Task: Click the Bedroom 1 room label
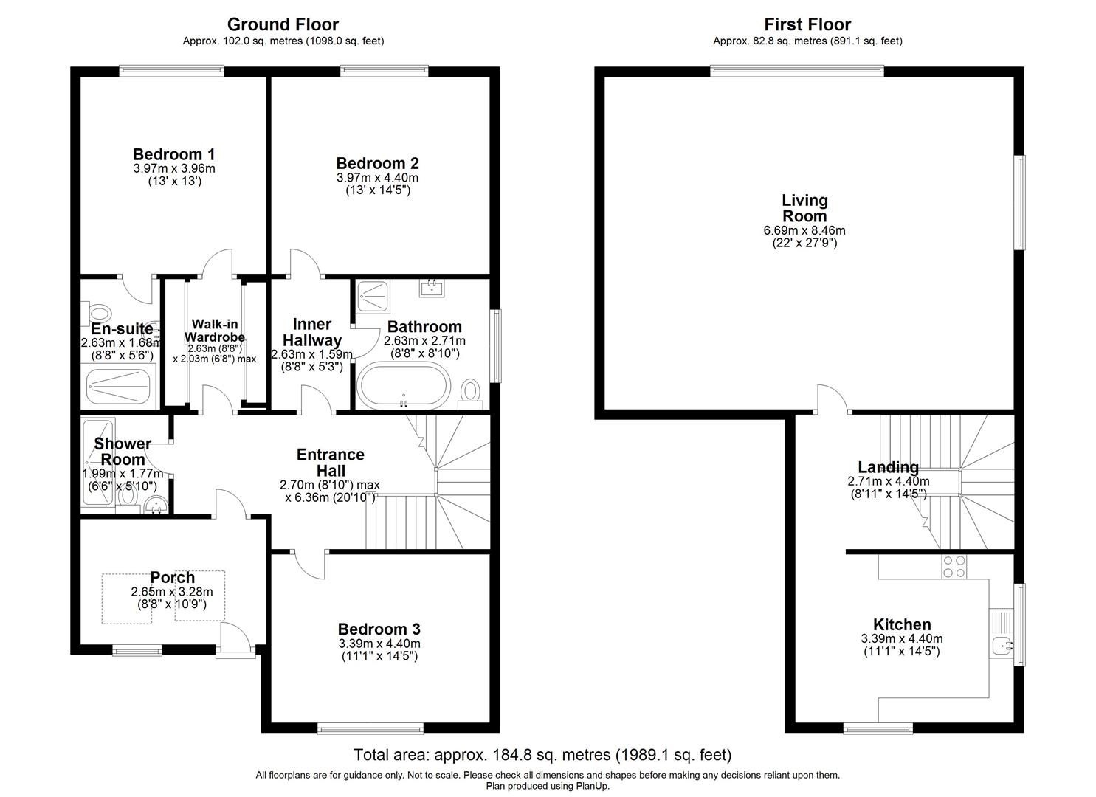pos(173,154)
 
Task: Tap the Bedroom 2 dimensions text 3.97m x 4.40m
pos(377,178)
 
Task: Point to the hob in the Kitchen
pos(954,566)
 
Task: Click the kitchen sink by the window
pos(1002,646)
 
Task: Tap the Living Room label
pos(804,208)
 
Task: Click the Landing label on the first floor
pos(888,467)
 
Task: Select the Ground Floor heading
pos(283,24)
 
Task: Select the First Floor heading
pos(807,24)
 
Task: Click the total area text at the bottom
pos(542,755)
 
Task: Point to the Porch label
pos(172,578)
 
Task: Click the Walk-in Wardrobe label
pos(214,331)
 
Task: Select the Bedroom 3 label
pos(379,629)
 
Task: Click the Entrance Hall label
pos(330,463)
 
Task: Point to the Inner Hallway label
pos(312,332)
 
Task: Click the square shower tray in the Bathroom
pos(376,297)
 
